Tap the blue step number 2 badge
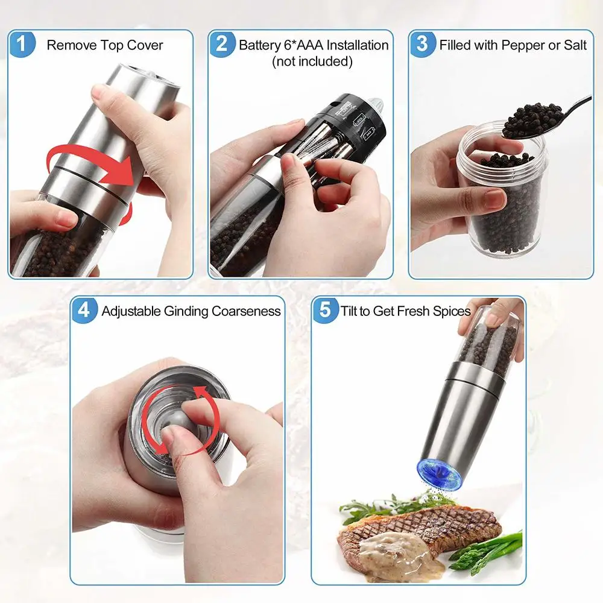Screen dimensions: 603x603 point(221,45)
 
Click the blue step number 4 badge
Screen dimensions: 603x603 point(84,311)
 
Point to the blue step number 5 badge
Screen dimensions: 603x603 point(325,311)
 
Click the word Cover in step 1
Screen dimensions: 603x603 point(145,45)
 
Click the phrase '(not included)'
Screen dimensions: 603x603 point(312,62)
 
